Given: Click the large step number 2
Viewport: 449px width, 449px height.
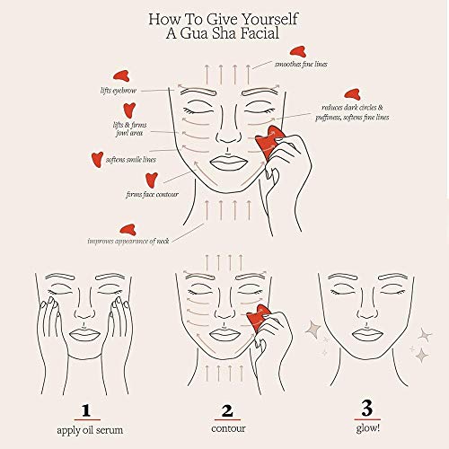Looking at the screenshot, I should (225, 409).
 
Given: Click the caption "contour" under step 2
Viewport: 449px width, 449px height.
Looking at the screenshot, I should (225, 432).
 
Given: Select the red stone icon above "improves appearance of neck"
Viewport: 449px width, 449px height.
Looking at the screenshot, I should (128, 228).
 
